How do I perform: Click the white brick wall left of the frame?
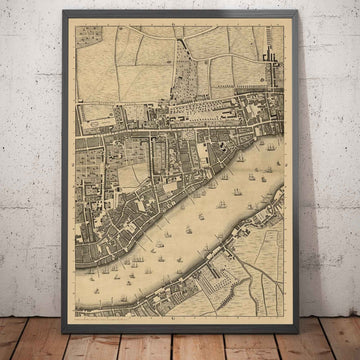[x=30, y=150]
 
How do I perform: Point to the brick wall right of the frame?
[x=330, y=150]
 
